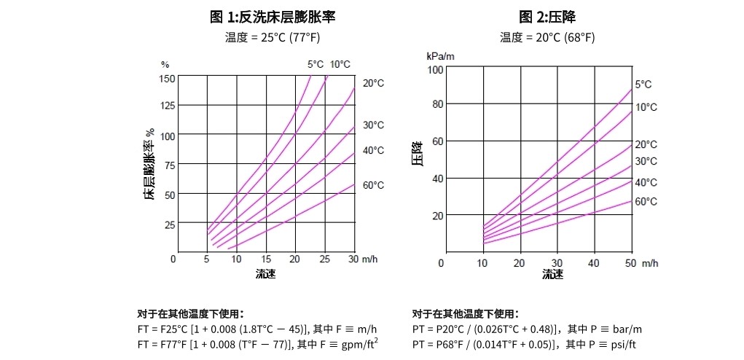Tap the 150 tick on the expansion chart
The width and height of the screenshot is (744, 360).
click(167, 78)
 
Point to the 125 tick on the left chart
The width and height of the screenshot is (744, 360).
click(167, 106)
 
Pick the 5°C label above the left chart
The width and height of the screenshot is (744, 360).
click(315, 64)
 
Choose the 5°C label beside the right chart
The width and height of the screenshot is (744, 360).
click(643, 85)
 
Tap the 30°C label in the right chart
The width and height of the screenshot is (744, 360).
click(646, 161)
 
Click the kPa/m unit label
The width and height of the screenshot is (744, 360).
click(441, 55)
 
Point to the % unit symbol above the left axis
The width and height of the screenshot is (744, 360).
click(165, 65)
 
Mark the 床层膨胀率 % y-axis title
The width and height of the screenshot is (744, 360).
click(149, 165)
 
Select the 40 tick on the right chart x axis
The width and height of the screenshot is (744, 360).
click(594, 262)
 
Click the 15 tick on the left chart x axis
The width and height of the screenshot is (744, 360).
click(266, 259)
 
